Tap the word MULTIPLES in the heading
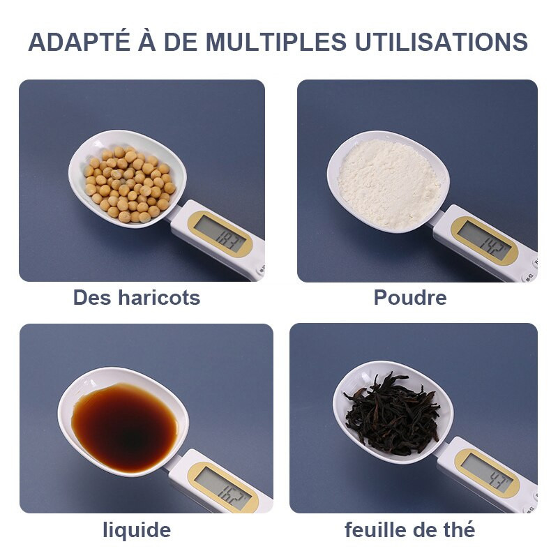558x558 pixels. [276, 42]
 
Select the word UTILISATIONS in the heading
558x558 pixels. [442, 42]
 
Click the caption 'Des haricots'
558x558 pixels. [137, 298]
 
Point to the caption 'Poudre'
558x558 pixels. [410, 298]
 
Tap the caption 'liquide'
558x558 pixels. [137, 530]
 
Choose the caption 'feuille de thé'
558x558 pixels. [410, 529]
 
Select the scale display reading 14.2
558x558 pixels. [483, 240]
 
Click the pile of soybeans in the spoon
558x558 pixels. [130, 184]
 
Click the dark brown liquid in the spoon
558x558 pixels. [124, 428]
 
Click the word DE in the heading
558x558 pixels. [181, 42]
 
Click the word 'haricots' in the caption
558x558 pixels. [159, 298]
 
